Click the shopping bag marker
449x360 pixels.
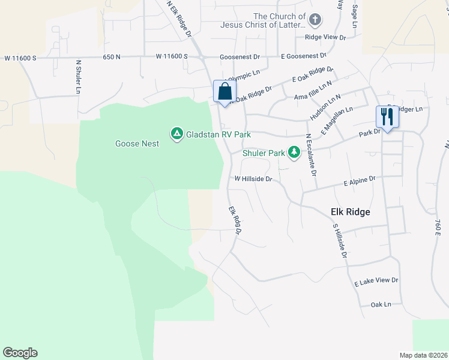tap(224, 92)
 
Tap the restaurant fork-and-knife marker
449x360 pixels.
tap(387, 116)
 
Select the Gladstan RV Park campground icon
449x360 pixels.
tap(176, 134)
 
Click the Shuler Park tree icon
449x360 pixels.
tap(294, 153)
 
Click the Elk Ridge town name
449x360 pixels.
tap(350, 212)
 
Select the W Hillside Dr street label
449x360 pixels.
tap(253, 179)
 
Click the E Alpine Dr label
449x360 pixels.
tap(360, 179)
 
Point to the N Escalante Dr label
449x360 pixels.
tap(311, 154)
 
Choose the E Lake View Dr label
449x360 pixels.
tap(376, 281)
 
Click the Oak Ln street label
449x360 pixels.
tap(381, 304)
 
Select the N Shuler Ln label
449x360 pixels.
tap(78, 77)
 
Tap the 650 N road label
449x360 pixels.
tap(112, 56)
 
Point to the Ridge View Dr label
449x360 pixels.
tap(325, 37)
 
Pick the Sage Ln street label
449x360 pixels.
tap(355, 17)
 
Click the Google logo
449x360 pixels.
tap(20, 353)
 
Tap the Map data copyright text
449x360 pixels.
tap(423, 355)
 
